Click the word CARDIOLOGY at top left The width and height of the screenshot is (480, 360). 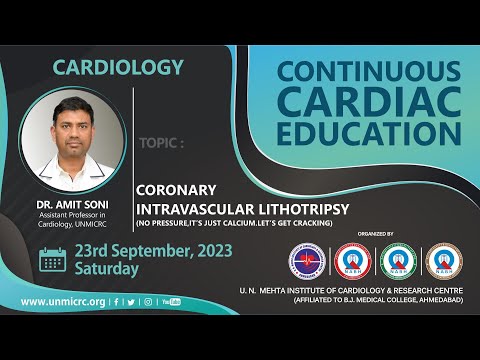click(118, 68)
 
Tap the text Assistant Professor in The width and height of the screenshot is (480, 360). click(78, 213)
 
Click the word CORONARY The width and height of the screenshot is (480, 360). click(177, 186)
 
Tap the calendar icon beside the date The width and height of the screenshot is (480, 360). click(52, 260)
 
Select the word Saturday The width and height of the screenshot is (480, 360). click(107, 270)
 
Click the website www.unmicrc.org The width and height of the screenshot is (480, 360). click(62, 300)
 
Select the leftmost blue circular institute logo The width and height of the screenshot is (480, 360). click(307, 261)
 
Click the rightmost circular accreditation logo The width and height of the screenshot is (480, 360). click(443, 261)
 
